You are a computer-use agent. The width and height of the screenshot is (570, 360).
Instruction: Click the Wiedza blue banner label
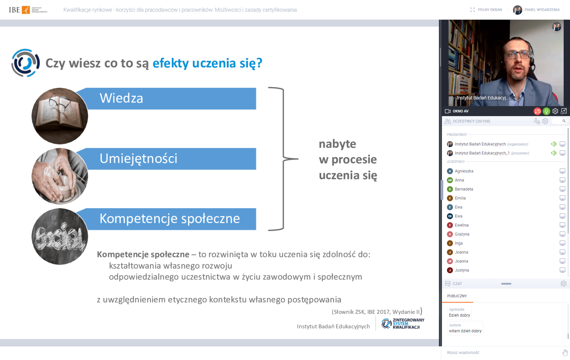(x=170, y=98)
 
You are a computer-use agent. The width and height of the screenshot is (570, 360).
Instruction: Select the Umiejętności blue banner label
(x=170, y=159)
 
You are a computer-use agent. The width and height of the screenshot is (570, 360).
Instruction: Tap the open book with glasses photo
(x=60, y=116)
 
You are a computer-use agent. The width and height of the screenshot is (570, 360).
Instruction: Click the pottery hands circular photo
(x=60, y=176)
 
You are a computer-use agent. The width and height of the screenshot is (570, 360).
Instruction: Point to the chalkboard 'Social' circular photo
(x=60, y=237)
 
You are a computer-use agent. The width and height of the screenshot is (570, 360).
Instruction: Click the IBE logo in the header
(x=28, y=10)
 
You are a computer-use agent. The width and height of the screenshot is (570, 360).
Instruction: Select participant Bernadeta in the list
(x=464, y=189)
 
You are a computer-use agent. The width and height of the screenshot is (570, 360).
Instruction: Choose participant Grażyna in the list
(x=462, y=234)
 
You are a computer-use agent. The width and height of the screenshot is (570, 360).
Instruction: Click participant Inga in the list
(x=459, y=243)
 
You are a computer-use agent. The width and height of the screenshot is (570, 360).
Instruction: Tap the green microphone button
(x=546, y=111)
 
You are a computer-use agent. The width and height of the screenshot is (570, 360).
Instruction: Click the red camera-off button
(x=537, y=111)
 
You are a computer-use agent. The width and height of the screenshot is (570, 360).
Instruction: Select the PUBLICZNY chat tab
(x=457, y=296)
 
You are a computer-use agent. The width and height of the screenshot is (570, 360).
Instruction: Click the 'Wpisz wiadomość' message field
(x=500, y=352)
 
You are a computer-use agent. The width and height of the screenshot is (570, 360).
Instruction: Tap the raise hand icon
(x=565, y=352)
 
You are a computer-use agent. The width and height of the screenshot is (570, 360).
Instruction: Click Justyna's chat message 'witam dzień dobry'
(x=465, y=331)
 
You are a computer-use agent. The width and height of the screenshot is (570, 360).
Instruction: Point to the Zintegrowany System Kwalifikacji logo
(x=403, y=323)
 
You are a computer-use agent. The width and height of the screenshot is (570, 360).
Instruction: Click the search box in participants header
(x=560, y=121)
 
